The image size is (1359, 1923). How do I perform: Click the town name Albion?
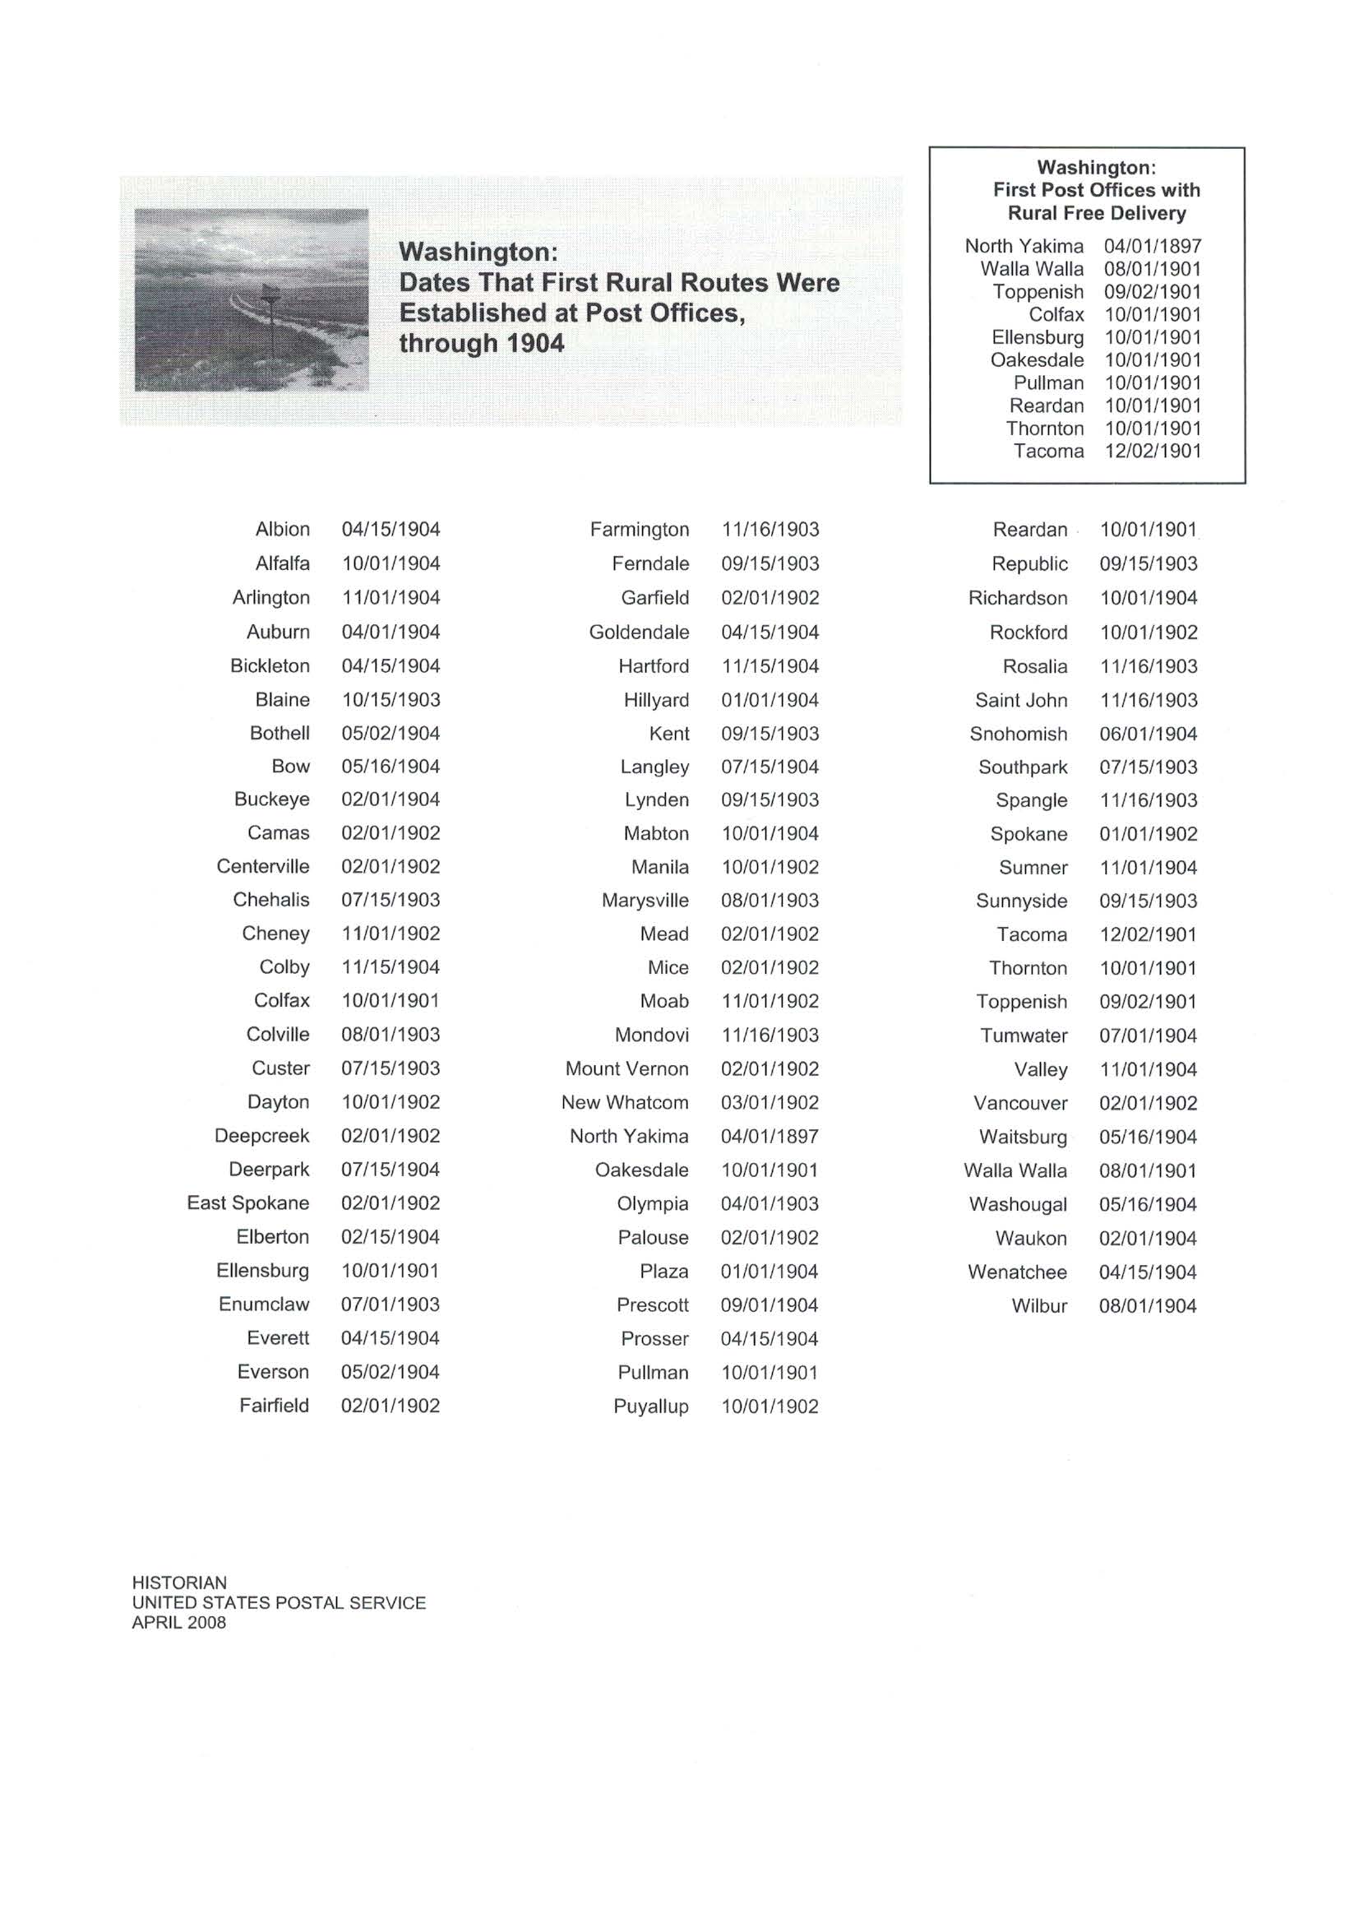click(x=282, y=530)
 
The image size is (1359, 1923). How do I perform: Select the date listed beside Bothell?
click(x=391, y=734)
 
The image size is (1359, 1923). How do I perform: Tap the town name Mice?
click(x=668, y=967)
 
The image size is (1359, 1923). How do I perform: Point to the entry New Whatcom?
click(x=625, y=1102)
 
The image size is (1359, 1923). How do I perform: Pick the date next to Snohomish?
click(x=1148, y=734)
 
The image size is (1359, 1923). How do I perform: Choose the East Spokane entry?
click(x=247, y=1202)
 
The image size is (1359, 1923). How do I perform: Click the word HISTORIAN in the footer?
click(x=179, y=1582)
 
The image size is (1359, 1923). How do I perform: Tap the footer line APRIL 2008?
click(x=178, y=1622)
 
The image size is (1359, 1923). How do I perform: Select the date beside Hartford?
click(x=770, y=667)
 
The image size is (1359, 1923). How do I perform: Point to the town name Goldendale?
click(x=639, y=633)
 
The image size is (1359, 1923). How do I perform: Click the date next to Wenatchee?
click(x=1147, y=1272)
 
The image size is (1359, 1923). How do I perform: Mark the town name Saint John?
click(x=1021, y=700)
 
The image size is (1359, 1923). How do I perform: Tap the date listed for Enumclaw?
click(x=391, y=1304)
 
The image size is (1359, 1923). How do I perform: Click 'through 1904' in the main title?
click(x=482, y=344)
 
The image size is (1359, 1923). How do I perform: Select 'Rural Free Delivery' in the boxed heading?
click(x=1096, y=214)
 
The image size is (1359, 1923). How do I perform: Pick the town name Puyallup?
click(x=650, y=1406)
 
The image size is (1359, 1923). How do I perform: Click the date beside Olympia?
click(x=770, y=1203)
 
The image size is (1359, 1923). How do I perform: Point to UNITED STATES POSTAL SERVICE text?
click(x=279, y=1602)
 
